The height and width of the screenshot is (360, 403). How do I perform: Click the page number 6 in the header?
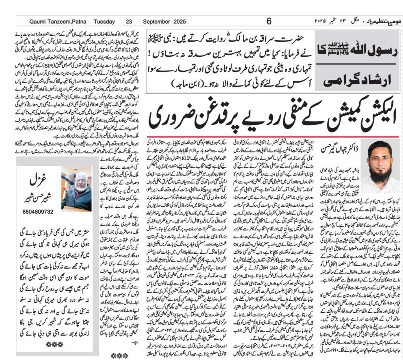tap(269, 22)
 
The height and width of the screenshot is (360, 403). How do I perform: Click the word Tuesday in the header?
tap(104, 22)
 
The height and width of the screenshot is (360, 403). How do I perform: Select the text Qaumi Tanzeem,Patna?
tap(54, 22)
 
